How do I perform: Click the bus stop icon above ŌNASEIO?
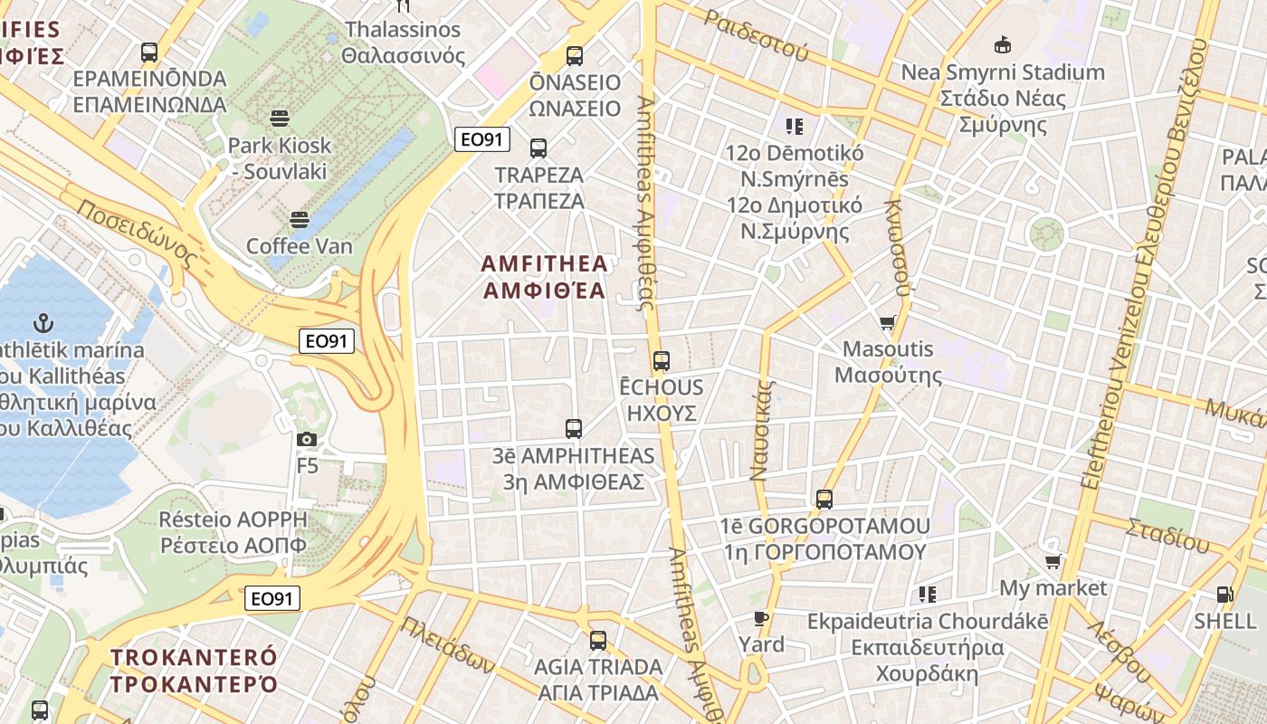coord(575,56)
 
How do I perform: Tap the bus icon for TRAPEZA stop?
coord(538,148)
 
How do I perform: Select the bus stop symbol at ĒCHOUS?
coord(662,361)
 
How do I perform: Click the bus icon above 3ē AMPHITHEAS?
coord(573,429)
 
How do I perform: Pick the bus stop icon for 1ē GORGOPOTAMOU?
coord(824,499)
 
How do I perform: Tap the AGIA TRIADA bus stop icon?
coord(598,641)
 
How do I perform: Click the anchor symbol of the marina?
coord(42,322)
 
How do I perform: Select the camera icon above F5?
coord(307,440)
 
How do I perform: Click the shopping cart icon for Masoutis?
coord(888,322)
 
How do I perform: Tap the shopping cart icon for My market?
coord(1053,562)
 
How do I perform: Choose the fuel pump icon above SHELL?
coord(1224,595)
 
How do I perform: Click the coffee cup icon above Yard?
coord(761,619)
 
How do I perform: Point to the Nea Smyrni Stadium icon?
coord(1002,44)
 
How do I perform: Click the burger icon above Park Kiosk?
coord(279,118)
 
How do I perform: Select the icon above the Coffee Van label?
coord(300,219)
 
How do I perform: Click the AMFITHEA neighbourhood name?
coord(545,277)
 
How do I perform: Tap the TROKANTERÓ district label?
coord(194,670)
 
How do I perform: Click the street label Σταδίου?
coord(1167,535)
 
